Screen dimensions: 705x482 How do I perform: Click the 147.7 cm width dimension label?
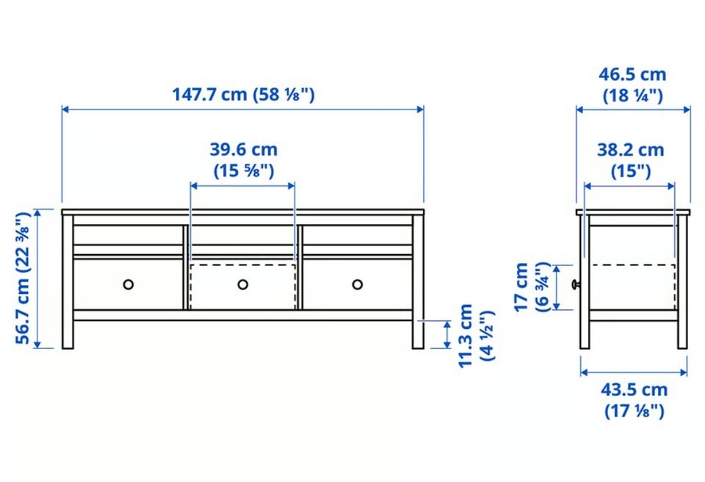coord(243,95)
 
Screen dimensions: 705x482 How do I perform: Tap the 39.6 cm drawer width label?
coord(243,159)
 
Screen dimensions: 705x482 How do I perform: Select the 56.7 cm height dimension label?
coord(23,278)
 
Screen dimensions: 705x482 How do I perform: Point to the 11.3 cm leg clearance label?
coord(477,335)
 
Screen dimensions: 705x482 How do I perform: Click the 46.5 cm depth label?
coord(632,84)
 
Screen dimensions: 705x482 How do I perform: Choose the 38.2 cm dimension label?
coord(630,159)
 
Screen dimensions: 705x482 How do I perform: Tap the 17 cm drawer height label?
coord(532,287)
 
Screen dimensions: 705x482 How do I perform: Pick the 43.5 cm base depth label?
coord(634,400)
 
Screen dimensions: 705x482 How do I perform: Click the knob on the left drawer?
coord(128,284)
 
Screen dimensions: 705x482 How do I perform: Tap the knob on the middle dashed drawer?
coord(243,284)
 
